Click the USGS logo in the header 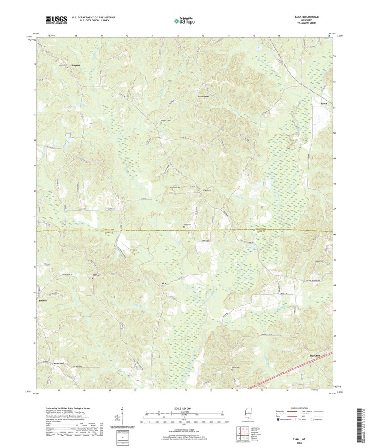click(x=56, y=19)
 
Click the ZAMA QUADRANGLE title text click(x=304, y=17)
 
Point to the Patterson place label click(x=203, y=97)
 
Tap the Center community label click(x=207, y=190)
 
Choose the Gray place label click(x=164, y=283)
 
